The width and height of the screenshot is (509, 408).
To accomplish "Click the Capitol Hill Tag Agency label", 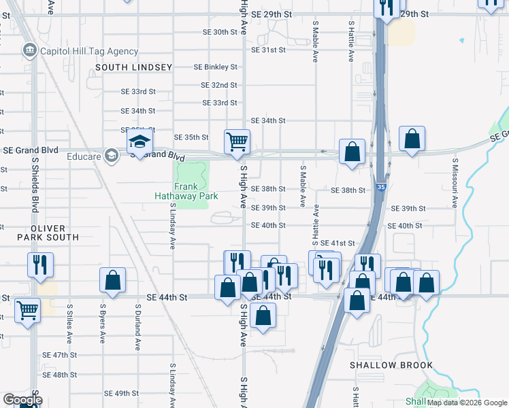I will point(89,51).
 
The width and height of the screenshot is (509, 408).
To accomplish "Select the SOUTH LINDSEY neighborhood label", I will point(125,67).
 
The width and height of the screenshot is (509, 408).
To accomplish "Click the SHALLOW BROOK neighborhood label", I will point(391,365).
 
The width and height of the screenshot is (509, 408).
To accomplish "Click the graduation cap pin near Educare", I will point(139,143).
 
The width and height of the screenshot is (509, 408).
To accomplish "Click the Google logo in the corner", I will point(22,400).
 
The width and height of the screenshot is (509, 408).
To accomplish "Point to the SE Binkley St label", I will point(215,67).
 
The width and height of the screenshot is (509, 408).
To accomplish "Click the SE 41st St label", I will point(338,243).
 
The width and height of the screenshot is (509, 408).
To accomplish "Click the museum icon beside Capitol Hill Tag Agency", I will point(29,50).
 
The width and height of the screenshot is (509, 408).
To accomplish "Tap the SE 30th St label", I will point(220,32).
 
